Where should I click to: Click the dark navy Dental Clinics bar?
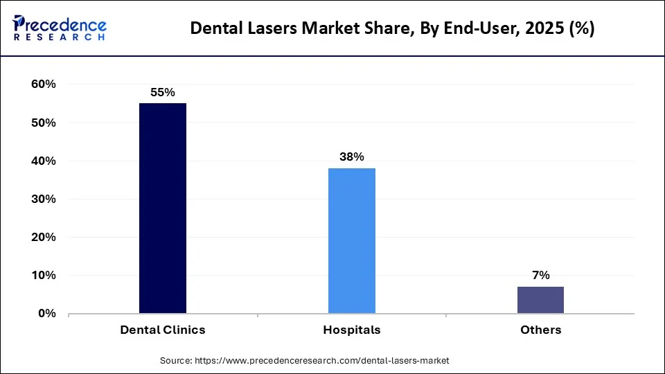[x=163, y=208]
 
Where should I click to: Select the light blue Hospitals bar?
[x=352, y=240]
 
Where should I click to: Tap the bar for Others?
[x=540, y=300]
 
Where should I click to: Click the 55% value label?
[x=163, y=91]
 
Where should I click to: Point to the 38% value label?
[x=352, y=157]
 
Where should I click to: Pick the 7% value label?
[x=540, y=275]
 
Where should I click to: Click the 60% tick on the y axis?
[x=42, y=84]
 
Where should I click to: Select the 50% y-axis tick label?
[x=42, y=123]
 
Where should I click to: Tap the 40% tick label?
[x=42, y=161]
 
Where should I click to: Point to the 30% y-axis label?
[x=42, y=199]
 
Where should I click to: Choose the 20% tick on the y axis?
[x=42, y=237]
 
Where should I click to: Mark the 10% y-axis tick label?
[x=42, y=275]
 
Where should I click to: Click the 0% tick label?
[x=46, y=313]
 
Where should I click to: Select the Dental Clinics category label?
[x=163, y=330]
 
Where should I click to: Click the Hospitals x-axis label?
[x=352, y=330]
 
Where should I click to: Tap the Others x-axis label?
[x=540, y=330]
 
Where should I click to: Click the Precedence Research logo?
[x=60, y=28]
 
